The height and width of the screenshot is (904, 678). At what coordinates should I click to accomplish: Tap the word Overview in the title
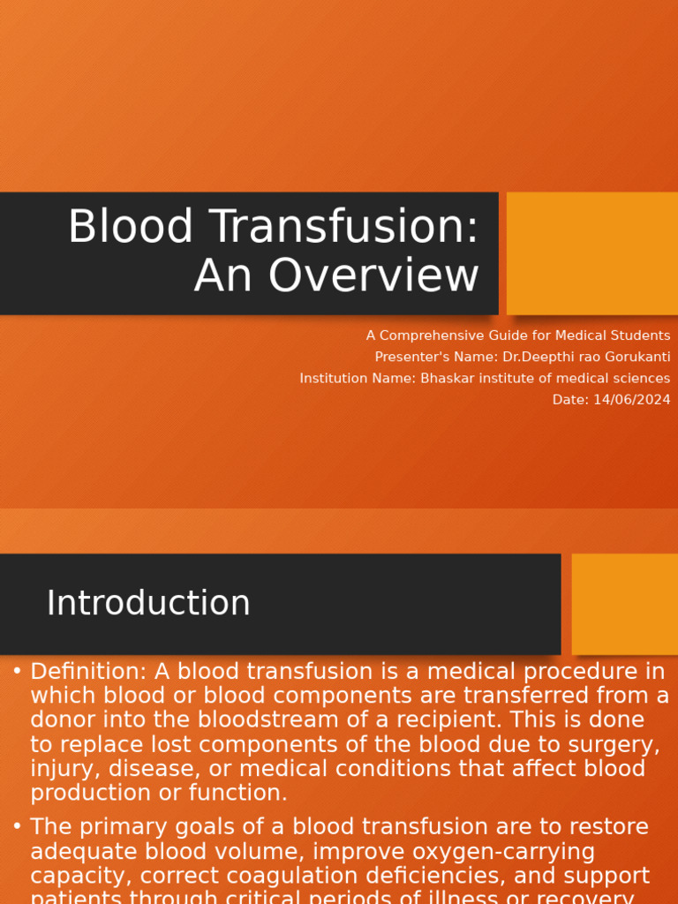click(x=374, y=276)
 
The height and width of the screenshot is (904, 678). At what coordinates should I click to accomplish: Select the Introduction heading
click(x=148, y=604)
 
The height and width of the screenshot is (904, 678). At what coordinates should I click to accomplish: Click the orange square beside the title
click(x=592, y=253)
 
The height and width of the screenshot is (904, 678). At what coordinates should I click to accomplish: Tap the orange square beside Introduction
click(x=625, y=604)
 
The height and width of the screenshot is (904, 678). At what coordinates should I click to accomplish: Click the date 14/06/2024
click(x=631, y=400)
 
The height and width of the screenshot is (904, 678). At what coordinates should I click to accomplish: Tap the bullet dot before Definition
click(x=17, y=672)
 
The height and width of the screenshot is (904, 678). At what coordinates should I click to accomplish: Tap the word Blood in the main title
click(x=131, y=228)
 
